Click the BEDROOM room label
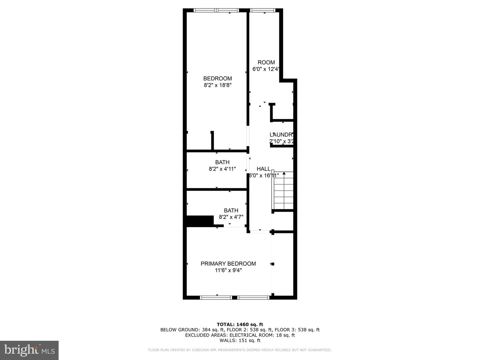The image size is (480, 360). click(217, 78)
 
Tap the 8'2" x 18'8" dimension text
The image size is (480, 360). click(217, 85)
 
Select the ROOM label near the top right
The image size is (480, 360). click(266, 62)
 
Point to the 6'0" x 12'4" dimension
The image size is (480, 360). click(266, 69)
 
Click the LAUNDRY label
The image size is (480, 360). click(281, 135)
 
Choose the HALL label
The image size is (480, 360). click(263, 169)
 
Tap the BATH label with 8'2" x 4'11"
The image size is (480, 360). click(222, 162)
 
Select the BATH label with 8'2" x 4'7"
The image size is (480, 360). click(231, 210)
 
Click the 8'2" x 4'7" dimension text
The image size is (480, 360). click(231, 217)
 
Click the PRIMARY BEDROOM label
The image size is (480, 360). click(228, 264)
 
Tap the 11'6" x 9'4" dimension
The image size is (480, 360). click(228, 271)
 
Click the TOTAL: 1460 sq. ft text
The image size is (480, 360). click(240, 324)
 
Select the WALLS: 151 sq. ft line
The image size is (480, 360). click(240, 340)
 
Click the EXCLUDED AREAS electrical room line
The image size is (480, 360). click(240, 335)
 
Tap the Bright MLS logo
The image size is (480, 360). click(29, 350)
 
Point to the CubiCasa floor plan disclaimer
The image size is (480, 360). click(240, 350)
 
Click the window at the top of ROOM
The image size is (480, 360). click(262, 11)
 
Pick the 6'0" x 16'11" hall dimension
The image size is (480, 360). click(264, 176)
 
